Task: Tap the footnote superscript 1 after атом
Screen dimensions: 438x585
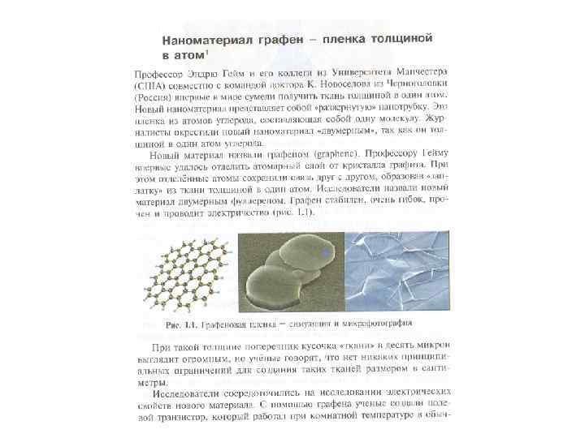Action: [209, 52]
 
